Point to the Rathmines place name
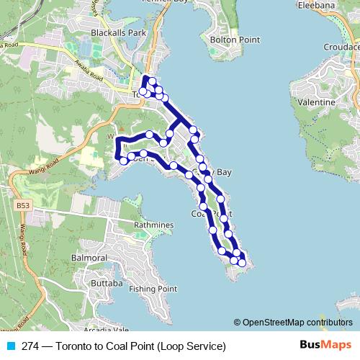tap(154, 225)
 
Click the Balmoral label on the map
tap(89, 258)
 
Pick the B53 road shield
tap(22, 206)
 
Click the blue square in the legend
tap(10, 346)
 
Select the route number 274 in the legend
tap(30, 346)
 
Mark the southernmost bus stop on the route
tap(242, 264)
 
